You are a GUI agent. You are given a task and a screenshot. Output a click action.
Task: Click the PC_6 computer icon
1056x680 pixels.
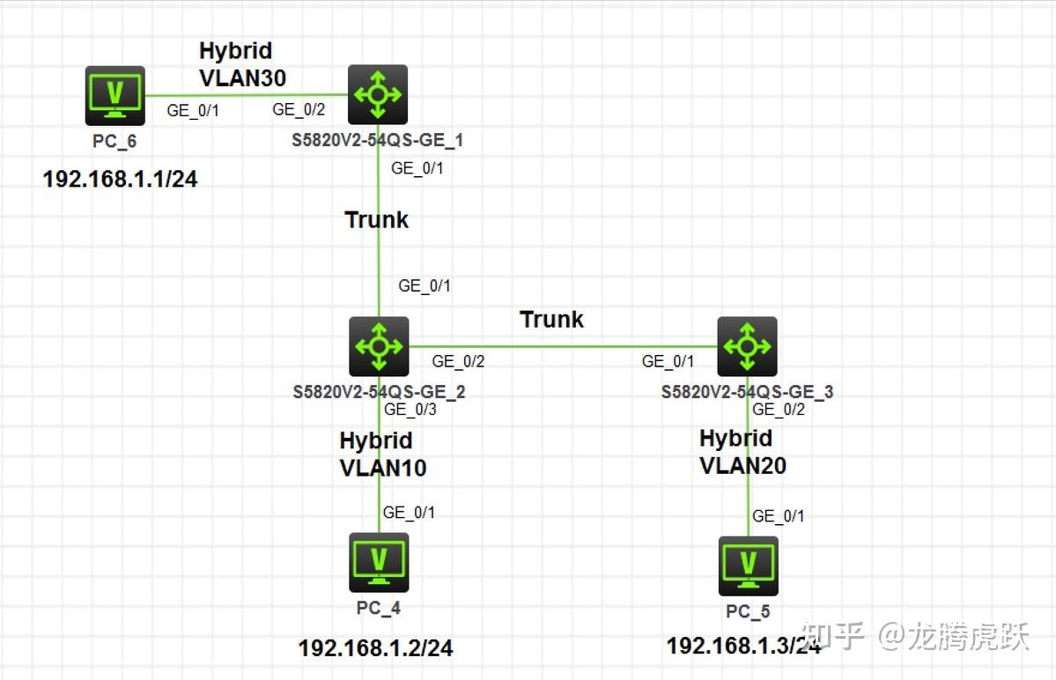pyautogui.click(x=115, y=95)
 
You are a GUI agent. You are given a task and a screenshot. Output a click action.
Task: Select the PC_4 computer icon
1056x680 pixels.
pyautogui.click(x=379, y=562)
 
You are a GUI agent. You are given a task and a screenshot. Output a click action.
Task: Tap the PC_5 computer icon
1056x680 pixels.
pyautogui.click(x=748, y=565)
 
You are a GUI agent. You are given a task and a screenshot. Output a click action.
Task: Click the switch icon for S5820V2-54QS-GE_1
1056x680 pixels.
pyautogui.click(x=378, y=93)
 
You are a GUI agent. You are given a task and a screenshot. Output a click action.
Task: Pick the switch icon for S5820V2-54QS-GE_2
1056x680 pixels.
pyautogui.click(x=379, y=346)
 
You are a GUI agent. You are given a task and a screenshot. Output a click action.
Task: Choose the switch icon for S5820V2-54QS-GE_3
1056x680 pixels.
pyautogui.click(x=747, y=346)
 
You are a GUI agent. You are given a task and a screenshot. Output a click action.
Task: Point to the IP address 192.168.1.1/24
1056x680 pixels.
pyautogui.click(x=120, y=180)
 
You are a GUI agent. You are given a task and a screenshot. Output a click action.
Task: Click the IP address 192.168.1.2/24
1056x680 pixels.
pyautogui.click(x=376, y=649)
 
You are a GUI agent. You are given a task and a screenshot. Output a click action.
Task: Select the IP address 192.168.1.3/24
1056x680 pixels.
pyautogui.click(x=743, y=645)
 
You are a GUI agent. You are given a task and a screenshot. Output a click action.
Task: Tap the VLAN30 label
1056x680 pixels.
pyautogui.click(x=242, y=78)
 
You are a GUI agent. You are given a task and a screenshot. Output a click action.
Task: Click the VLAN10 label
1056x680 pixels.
pyautogui.click(x=382, y=468)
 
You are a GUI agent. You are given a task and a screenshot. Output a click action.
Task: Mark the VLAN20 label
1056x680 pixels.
pyautogui.click(x=742, y=465)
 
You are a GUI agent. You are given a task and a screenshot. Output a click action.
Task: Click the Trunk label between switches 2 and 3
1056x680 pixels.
pyautogui.click(x=551, y=319)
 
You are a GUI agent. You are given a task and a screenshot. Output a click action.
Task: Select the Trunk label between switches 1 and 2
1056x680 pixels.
pyautogui.click(x=376, y=219)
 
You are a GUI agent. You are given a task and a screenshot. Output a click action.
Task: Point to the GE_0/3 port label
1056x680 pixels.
pyautogui.click(x=410, y=409)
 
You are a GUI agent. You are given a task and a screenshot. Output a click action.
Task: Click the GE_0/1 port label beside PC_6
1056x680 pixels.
pyautogui.click(x=192, y=110)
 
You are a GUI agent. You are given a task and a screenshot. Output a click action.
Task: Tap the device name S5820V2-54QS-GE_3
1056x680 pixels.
pyautogui.click(x=747, y=391)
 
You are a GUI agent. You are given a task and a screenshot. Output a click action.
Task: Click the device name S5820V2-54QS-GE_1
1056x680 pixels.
pyautogui.click(x=378, y=139)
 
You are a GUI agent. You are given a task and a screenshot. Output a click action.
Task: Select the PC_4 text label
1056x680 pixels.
pyautogui.click(x=379, y=607)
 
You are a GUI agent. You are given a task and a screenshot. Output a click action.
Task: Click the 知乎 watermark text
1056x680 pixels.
pyautogui.click(x=833, y=636)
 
